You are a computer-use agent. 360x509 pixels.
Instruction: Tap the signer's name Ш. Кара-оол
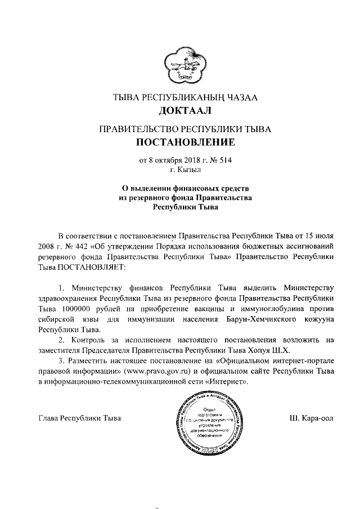[x=311, y=418]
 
